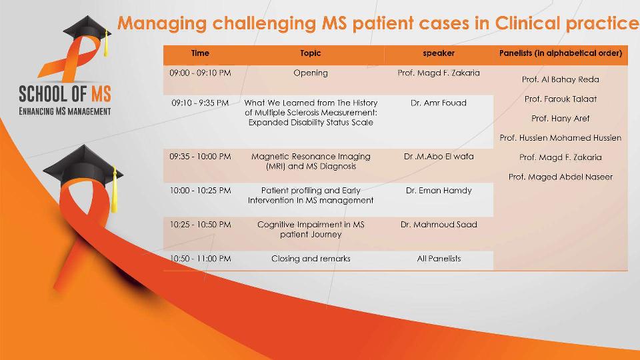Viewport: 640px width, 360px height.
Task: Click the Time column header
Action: point(200,53)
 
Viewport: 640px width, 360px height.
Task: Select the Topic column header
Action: point(311,53)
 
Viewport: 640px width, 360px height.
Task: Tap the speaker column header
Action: point(439,53)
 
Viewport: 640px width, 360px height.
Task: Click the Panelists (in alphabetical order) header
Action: point(561,53)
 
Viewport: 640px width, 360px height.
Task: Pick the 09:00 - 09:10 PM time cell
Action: point(200,73)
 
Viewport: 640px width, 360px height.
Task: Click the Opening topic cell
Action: point(311,73)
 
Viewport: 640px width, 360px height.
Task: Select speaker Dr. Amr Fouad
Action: point(439,103)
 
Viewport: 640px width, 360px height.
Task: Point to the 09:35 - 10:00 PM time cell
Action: point(200,156)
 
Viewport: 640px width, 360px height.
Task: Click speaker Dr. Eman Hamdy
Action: point(439,191)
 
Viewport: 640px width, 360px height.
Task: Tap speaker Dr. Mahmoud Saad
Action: point(439,225)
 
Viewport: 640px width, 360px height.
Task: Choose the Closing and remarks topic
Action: point(311,259)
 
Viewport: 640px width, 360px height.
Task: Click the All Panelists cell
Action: point(439,259)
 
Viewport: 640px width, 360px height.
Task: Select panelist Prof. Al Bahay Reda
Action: point(561,79)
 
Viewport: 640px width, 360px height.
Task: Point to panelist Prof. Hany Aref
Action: point(561,119)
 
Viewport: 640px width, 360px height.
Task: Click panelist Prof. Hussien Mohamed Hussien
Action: point(561,138)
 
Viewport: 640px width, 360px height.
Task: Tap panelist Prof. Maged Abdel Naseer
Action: point(561,177)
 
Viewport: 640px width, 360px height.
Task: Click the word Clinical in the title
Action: point(527,23)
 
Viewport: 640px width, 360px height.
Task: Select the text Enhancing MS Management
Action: point(65,111)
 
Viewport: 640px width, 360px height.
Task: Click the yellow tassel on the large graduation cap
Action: point(114,191)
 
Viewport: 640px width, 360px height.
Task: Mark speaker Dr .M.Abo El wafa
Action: point(439,156)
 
